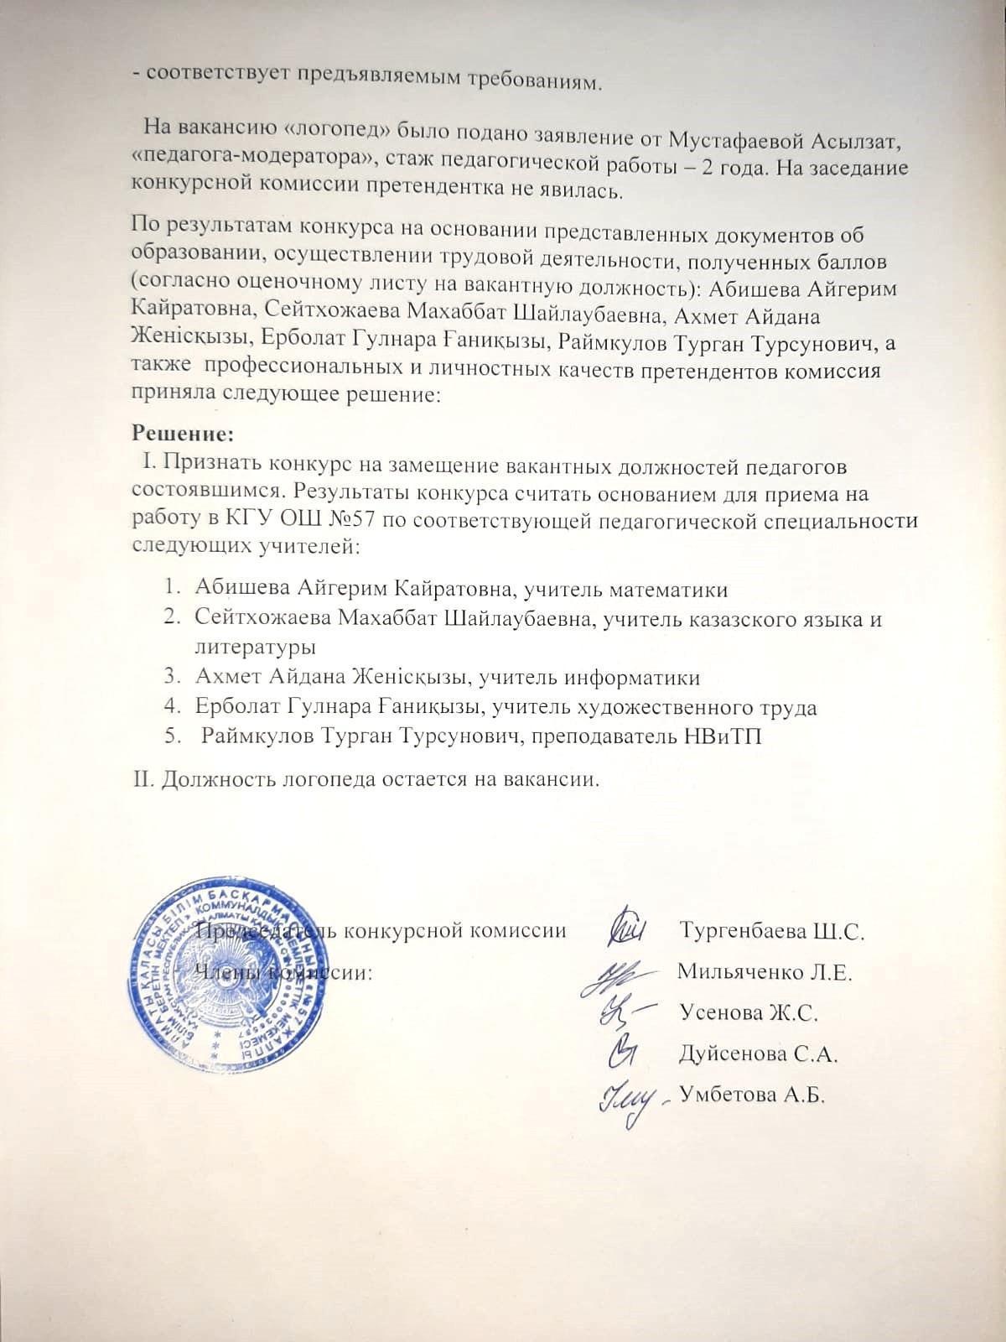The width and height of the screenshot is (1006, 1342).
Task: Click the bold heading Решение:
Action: (x=182, y=434)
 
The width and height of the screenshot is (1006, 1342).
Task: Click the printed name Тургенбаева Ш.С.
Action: (x=771, y=930)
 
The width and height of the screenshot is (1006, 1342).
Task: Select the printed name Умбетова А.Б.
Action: (x=752, y=1094)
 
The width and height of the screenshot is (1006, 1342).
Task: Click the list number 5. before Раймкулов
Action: (x=172, y=736)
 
